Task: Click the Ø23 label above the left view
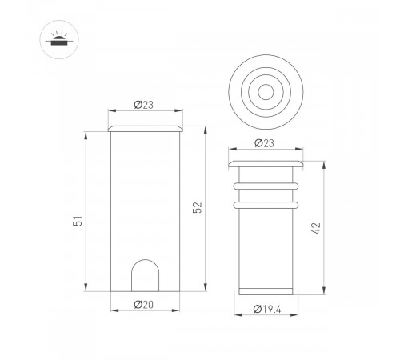144,104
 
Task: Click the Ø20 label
144,304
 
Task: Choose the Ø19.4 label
266,308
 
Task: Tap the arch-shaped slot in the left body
145,275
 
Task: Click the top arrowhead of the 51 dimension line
84,138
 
